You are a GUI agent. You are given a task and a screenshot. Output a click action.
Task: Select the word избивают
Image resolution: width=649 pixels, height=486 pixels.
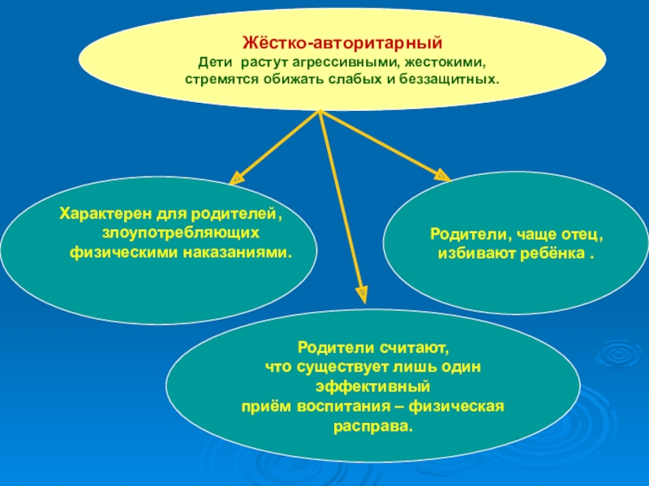point(471,253)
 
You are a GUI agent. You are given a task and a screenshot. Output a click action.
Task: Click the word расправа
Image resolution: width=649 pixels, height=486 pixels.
point(373,424)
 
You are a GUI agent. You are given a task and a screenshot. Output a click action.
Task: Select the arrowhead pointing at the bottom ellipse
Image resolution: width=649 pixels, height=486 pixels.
point(362,288)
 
